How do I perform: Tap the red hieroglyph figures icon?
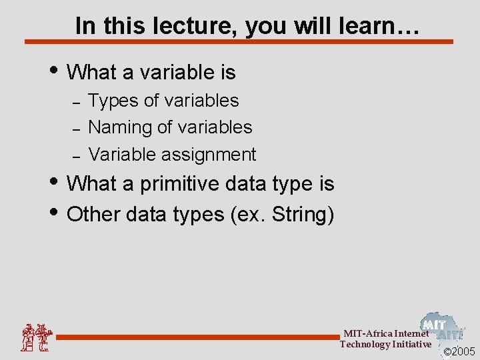(x=35, y=337)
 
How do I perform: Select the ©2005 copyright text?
(x=459, y=351)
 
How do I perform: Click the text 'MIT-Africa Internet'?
(x=386, y=333)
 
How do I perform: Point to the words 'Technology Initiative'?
(x=385, y=344)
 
